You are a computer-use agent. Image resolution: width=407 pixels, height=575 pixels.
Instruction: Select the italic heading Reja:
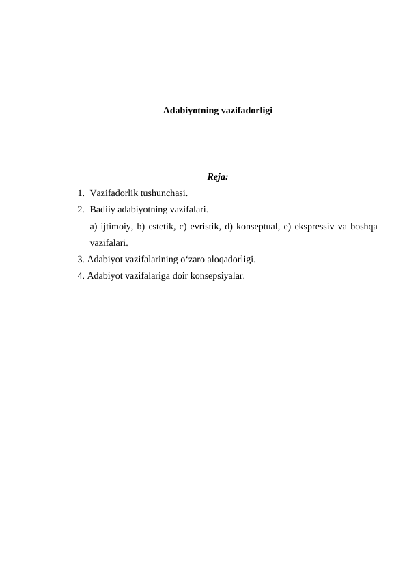pos(217,177)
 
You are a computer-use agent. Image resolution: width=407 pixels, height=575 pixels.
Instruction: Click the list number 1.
pos(81,193)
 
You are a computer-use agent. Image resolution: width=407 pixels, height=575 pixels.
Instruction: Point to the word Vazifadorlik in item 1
pos(114,193)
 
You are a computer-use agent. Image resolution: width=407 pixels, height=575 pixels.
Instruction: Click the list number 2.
pos(81,210)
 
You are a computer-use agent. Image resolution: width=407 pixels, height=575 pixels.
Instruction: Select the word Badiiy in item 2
pos(102,210)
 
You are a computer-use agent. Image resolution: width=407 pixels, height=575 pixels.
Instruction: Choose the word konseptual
pos(263,226)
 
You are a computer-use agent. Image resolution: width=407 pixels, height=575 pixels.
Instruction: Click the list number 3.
pos(81,260)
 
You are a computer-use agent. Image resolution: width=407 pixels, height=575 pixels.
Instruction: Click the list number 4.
pos(81,276)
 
